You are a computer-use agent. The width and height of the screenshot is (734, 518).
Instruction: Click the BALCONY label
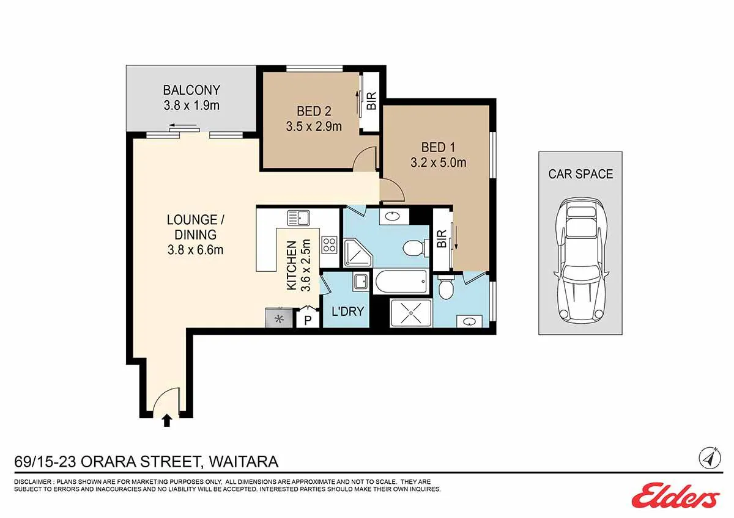coord(191,90)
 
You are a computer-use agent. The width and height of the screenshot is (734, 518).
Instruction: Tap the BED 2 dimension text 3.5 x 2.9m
coord(314,126)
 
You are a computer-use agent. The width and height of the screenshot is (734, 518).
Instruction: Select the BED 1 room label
coord(438,147)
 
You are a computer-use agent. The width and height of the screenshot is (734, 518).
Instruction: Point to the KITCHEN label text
coord(292,265)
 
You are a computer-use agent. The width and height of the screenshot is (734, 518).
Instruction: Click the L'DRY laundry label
coord(347,311)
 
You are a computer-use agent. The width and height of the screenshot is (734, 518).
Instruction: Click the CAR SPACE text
coord(580,174)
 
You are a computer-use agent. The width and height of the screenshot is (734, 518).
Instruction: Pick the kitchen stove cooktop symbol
coord(330,245)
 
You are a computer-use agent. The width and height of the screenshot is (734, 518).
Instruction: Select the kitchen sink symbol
coord(298,218)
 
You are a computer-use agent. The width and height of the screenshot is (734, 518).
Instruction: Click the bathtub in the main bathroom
coord(401,282)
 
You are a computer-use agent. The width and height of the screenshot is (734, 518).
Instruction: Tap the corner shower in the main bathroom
coord(358,254)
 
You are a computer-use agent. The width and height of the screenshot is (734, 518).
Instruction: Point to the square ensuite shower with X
coord(411,313)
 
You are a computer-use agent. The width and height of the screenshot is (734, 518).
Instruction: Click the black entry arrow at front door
coord(167,420)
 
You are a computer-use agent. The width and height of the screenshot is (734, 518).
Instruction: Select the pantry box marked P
coord(308,318)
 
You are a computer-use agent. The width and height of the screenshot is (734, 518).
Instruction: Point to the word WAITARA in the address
coord(244,462)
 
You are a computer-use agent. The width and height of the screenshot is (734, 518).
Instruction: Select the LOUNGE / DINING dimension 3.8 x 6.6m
coord(196,250)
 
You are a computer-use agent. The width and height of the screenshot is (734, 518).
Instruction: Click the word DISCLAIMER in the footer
coord(32,482)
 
